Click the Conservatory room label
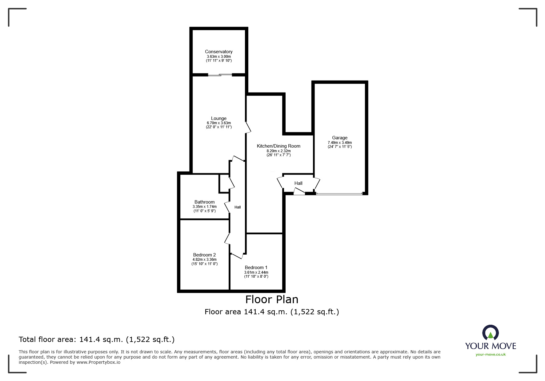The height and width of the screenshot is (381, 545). pyautogui.click(x=218, y=52)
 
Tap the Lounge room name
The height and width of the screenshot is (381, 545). pyautogui.click(x=218, y=118)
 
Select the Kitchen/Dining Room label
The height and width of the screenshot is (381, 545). pyautogui.click(x=279, y=146)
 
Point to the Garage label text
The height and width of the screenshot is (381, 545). pyautogui.click(x=339, y=138)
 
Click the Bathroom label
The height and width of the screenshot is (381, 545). pyautogui.click(x=204, y=202)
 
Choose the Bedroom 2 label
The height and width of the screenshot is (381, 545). pyautogui.click(x=204, y=255)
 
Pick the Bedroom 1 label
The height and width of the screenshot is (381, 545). pyautogui.click(x=256, y=268)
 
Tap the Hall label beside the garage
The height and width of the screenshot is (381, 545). pyautogui.click(x=298, y=183)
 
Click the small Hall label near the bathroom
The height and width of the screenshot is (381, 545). pyautogui.click(x=238, y=207)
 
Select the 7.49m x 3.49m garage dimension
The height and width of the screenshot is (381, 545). pyautogui.click(x=339, y=143)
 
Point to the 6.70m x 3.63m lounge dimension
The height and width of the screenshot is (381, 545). pyautogui.click(x=218, y=123)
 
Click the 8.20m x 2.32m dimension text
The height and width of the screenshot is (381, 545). pyautogui.click(x=279, y=151)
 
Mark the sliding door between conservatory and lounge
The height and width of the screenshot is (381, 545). pyautogui.click(x=220, y=74)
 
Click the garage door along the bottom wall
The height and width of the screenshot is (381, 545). pyautogui.click(x=339, y=194)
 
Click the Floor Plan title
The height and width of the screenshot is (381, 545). pyautogui.click(x=272, y=299)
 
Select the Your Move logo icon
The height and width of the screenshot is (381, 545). pyautogui.click(x=490, y=333)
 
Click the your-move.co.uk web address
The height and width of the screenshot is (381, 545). pyautogui.click(x=491, y=355)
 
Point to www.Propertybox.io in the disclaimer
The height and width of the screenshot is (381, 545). pyautogui.click(x=98, y=362)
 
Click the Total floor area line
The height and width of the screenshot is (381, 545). pyautogui.click(x=97, y=339)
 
